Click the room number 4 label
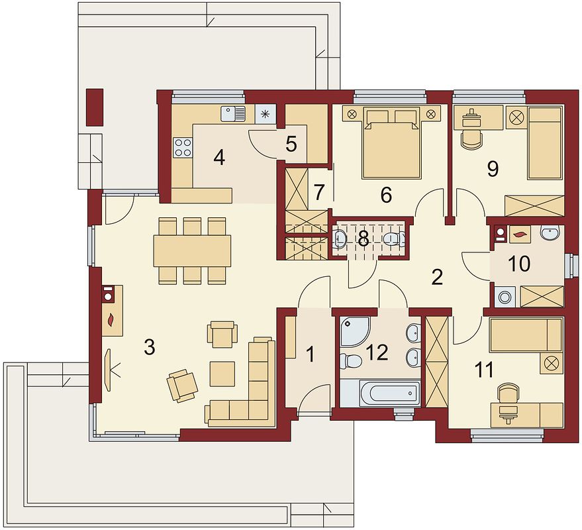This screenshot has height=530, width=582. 219,158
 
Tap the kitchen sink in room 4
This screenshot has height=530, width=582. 233,114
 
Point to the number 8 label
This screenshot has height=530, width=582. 364,240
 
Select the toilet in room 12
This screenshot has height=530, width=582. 350,360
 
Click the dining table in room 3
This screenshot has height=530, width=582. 192,250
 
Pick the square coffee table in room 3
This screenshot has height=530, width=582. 222,374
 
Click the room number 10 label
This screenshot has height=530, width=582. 520,264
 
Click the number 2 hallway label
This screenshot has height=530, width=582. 437,277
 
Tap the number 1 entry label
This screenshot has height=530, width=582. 311,354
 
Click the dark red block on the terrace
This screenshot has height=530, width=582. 95,107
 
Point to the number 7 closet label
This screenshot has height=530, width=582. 319,191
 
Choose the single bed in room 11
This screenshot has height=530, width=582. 526,335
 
